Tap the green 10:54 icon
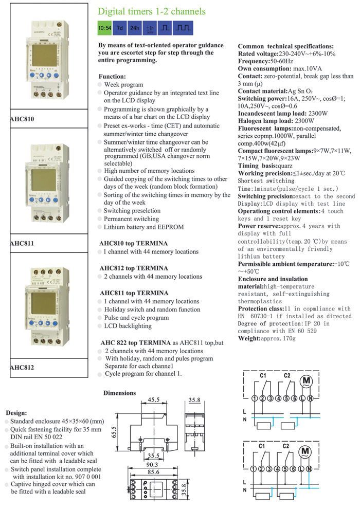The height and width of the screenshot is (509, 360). point(105,27)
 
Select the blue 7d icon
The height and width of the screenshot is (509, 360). point(120,27)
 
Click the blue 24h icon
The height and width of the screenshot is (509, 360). point(135,27)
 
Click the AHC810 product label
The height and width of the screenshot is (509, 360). point(22,119)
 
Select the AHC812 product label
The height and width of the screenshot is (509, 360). point(22,367)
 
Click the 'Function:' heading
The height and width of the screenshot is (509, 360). point(112,75)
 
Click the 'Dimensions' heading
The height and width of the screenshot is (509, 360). point(120,393)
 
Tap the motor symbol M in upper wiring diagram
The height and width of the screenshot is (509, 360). point(307,381)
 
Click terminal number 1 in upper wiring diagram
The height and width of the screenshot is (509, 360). point(255,398)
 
